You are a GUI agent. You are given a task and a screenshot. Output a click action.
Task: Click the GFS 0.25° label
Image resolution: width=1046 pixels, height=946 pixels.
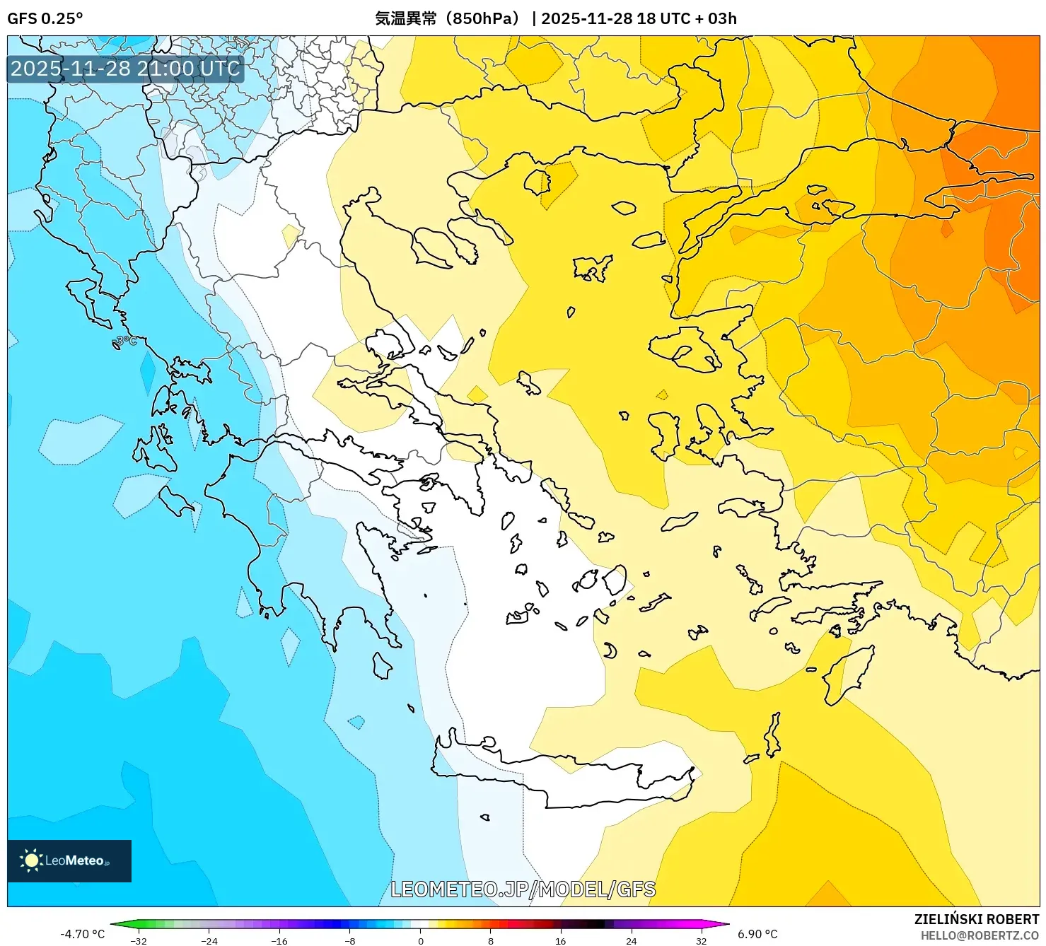45,18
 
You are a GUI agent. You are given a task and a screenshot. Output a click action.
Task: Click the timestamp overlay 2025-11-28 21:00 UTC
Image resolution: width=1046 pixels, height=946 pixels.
125,69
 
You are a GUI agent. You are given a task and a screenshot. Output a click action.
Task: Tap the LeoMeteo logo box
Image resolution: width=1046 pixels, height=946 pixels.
69,860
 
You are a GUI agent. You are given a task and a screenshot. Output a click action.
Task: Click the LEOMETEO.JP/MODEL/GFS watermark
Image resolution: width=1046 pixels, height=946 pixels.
523,889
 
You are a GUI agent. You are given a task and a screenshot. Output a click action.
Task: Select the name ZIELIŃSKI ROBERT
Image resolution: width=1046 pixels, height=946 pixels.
976,919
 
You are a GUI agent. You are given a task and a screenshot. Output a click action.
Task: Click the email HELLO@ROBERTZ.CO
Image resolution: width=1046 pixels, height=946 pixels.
979,935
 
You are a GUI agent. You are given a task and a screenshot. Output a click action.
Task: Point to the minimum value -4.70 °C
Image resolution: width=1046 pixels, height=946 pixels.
82,934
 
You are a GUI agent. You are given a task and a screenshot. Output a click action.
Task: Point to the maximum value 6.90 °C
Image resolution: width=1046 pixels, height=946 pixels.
757,934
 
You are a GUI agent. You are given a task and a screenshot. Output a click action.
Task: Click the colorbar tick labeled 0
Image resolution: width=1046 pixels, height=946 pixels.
421,940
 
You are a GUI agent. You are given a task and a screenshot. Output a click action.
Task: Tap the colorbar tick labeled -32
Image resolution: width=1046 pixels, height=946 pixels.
139,940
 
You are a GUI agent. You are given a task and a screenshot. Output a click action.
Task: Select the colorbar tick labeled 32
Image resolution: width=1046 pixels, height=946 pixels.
701,940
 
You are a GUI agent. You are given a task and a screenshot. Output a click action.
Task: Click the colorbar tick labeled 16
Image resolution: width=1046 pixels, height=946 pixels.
560,940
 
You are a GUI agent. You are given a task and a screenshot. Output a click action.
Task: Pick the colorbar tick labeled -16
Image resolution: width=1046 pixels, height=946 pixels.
279,940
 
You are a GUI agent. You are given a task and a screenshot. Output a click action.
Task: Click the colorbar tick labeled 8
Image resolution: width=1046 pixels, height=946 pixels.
490,940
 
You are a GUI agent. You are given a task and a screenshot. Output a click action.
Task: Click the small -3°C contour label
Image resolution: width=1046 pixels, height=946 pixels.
125,341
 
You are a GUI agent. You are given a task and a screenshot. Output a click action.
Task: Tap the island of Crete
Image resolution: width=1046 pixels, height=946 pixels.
566,774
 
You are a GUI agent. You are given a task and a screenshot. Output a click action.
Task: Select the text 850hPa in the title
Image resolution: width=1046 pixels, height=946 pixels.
485,18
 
